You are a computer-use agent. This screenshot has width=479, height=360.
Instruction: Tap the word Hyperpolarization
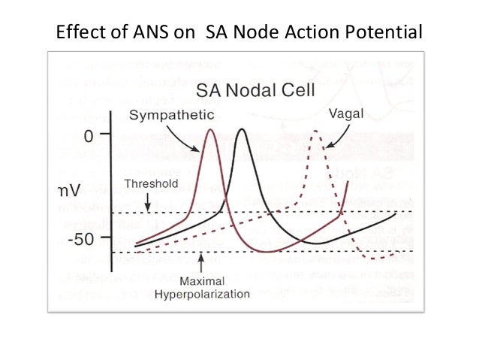coord(201,294)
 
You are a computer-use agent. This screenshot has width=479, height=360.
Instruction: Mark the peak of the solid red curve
coord(210,131)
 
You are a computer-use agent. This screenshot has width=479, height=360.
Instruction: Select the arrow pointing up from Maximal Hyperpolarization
coord(200,262)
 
